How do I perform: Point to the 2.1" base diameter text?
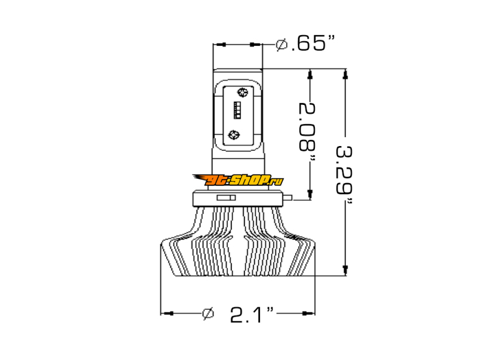click(252, 314)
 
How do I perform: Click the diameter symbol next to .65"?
click(281, 45)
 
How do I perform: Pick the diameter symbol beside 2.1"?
click(208, 313)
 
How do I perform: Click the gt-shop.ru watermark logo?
click(237, 180)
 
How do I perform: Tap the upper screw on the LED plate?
click(243, 92)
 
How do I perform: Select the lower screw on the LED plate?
click(234, 135)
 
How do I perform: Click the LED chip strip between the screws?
click(237, 110)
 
